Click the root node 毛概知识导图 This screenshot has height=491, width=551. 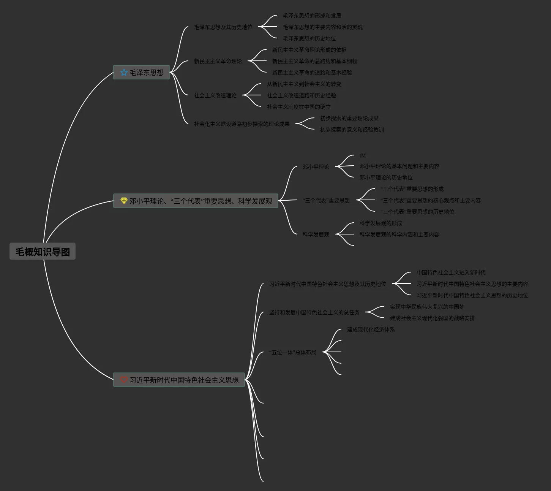tap(43, 252)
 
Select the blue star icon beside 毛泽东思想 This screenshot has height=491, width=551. tap(124, 72)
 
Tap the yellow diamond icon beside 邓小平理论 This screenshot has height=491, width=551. tap(124, 201)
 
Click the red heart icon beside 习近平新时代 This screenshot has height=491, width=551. tap(124, 380)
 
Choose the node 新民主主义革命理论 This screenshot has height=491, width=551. tap(218, 61)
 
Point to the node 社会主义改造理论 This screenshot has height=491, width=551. tap(215, 95)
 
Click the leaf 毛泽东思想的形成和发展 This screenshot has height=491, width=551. tap(312, 16)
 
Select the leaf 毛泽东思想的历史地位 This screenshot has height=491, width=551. tap(309, 38)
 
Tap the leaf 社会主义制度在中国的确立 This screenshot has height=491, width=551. tap(298, 107)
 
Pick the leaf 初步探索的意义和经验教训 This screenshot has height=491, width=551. tap(352, 130)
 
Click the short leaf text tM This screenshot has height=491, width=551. tap(363, 155)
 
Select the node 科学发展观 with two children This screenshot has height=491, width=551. tap(316, 234)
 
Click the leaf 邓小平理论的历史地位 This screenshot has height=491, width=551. tap(386, 177)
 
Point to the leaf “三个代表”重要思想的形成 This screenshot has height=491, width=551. tap(412, 189)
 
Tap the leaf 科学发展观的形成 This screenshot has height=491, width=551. tap(380, 223)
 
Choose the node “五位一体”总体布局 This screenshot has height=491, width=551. tap(292, 352)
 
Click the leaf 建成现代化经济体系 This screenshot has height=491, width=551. tap(371, 329)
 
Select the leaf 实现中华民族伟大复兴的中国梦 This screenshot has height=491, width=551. tap(427, 307)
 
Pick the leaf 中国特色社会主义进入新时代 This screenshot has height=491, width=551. tap(451, 272)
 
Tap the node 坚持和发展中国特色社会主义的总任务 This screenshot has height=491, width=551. tap(314, 312)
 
